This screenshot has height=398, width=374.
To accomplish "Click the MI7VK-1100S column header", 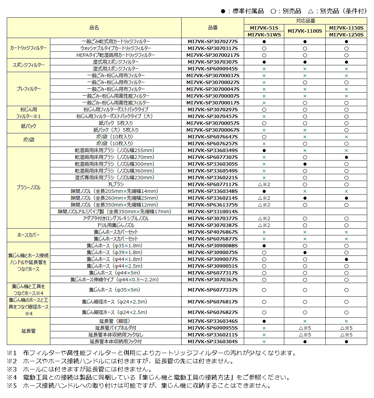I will [305, 31].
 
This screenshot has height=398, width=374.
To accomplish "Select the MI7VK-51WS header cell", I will [264, 35].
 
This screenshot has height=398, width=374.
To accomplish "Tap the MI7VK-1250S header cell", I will [346, 35].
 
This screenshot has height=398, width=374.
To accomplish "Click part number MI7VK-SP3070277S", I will [213, 42].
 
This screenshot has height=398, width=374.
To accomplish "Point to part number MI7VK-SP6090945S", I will [213, 69].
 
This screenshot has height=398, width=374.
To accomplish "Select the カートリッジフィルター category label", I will [29, 48].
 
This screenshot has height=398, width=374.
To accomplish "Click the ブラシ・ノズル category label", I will [29, 187].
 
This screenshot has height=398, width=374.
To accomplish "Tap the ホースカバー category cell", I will [29, 235].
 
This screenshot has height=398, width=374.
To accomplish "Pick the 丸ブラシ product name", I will [116, 184].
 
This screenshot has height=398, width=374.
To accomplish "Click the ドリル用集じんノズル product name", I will [116, 225].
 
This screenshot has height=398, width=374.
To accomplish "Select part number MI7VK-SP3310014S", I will [213, 212].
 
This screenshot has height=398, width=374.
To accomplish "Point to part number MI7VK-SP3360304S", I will [213, 342].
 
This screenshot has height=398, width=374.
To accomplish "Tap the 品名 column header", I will [94, 28].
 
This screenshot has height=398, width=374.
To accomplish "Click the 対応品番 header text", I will [305, 21].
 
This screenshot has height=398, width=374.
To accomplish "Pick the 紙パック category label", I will [29, 126].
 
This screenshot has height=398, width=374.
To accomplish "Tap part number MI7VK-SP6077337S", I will [213, 290].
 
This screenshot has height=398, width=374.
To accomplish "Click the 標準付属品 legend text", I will [248, 11].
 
